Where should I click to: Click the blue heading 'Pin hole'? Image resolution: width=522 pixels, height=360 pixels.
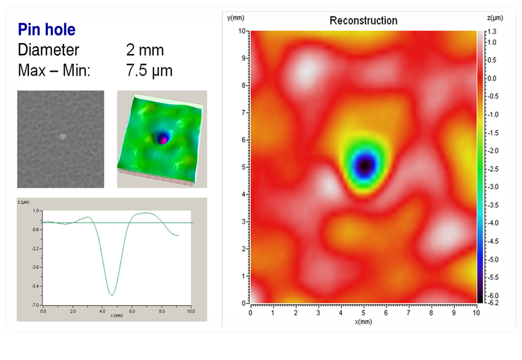(x=47, y=29)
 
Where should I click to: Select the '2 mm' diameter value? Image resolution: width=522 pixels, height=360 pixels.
(x=144, y=50)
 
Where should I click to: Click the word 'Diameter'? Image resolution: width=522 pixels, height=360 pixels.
(x=49, y=50)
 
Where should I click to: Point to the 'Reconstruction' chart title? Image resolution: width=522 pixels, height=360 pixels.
(x=363, y=21)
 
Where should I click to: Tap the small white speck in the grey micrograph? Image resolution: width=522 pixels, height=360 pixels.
(x=62, y=137)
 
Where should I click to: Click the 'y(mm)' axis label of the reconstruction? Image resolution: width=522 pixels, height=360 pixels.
(x=235, y=18)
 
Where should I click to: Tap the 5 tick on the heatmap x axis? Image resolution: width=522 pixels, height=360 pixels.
(x=364, y=312)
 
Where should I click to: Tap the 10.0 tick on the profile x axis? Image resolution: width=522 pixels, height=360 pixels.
(x=191, y=311)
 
